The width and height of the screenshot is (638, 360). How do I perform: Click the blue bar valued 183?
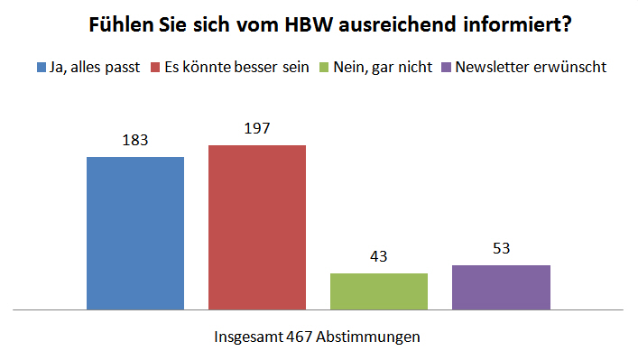coord(135,233)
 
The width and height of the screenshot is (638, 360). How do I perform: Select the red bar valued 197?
coord(257,227)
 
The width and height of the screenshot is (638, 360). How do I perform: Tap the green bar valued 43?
coord(379,291)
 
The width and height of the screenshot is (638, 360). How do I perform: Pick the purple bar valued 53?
coord(502,287)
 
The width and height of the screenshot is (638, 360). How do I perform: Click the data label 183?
coord(135,141)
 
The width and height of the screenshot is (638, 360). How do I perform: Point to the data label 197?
coord(257,128)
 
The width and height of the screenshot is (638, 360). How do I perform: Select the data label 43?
coord(379,256)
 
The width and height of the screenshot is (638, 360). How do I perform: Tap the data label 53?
coord(502,248)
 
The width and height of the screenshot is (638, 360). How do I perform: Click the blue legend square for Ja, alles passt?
coord(42,68)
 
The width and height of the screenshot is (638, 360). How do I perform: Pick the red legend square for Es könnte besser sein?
coord(155,68)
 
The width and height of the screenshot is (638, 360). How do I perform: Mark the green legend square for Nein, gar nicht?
coord(324,68)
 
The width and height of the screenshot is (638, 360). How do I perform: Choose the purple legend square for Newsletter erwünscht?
coord(447,68)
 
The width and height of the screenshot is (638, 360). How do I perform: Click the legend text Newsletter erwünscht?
coord(531,67)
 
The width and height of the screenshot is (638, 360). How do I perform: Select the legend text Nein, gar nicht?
coord(383,68)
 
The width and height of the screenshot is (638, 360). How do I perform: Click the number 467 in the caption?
coord(299,337)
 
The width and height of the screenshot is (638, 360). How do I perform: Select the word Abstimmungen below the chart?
coord(368,337)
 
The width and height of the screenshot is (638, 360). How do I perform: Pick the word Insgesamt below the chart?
coord(248,337)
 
